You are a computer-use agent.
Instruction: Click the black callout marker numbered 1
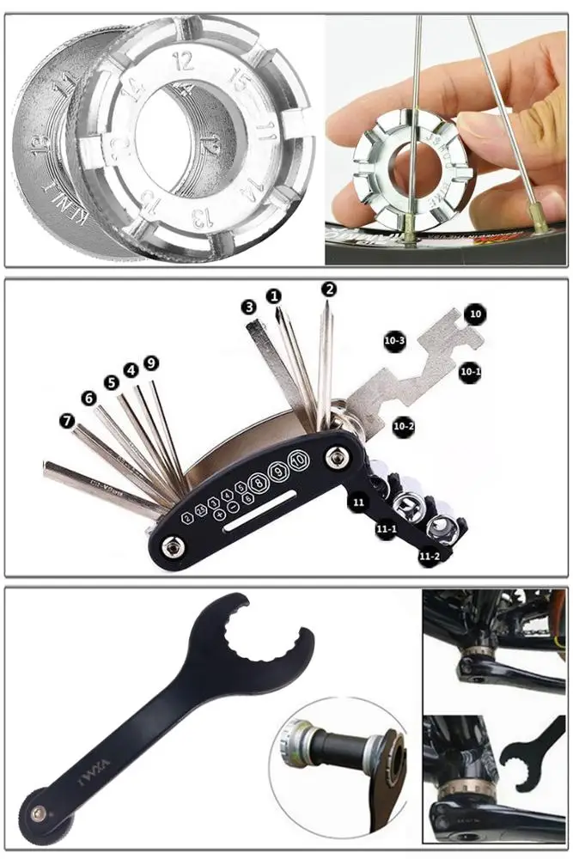274,295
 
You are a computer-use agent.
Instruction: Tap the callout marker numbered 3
248,307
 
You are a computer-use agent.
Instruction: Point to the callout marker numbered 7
68,422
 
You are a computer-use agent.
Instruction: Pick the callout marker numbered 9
151,363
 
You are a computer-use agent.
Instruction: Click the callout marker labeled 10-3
394,341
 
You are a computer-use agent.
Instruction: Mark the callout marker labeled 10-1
470,371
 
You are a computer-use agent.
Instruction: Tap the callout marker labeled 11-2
430,557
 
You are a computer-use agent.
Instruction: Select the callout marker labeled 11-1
385,529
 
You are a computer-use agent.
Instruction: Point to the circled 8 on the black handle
257,480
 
